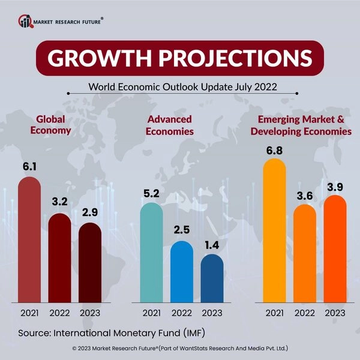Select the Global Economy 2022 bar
[x=60, y=258]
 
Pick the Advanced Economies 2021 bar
[x=151, y=252]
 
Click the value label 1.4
[x=212, y=244]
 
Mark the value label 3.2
[x=60, y=203]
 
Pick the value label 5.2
[x=151, y=193]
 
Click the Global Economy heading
[x=54, y=124]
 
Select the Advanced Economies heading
[x=170, y=125]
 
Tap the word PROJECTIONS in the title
[x=240, y=58]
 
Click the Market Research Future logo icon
[x=25, y=22]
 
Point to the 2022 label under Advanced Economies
[x=182, y=313]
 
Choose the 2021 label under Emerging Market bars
[x=274, y=313]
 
